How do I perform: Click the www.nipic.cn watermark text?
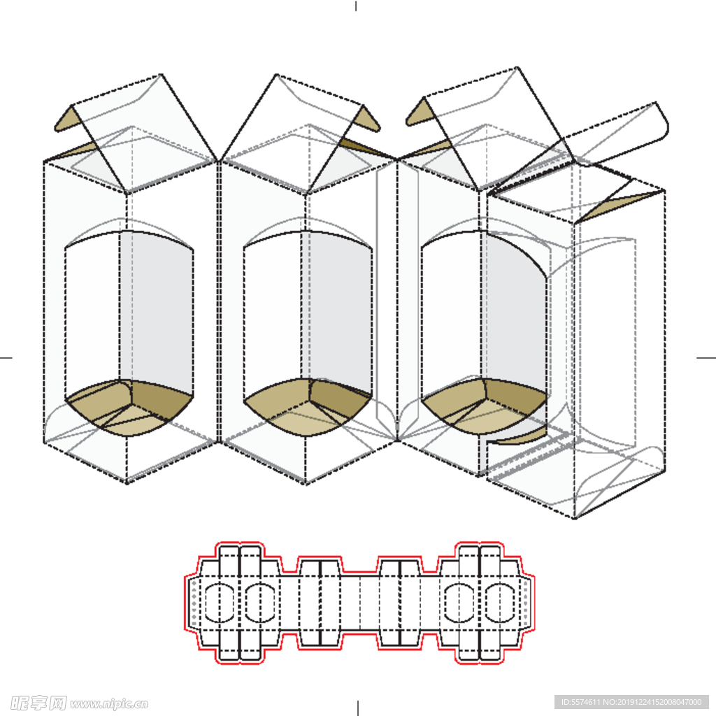pyautogui.click(x=108, y=703)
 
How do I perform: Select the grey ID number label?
pyautogui.click(x=631, y=702)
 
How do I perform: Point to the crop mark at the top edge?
pyautogui.click(x=356, y=6)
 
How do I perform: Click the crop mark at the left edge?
pyautogui.click(x=6, y=357)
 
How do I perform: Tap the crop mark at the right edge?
pyautogui.click(x=706, y=357)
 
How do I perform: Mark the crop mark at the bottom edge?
pyautogui.click(x=357, y=708)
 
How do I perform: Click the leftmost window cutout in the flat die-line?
pyautogui.click(x=220, y=603)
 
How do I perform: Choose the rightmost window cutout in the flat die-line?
pyautogui.click(x=500, y=603)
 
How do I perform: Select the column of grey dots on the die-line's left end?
pyautogui.click(x=194, y=603)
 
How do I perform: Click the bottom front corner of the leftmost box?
pyautogui.click(x=127, y=482)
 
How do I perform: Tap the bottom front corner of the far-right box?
pyautogui.click(x=574, y=518)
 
